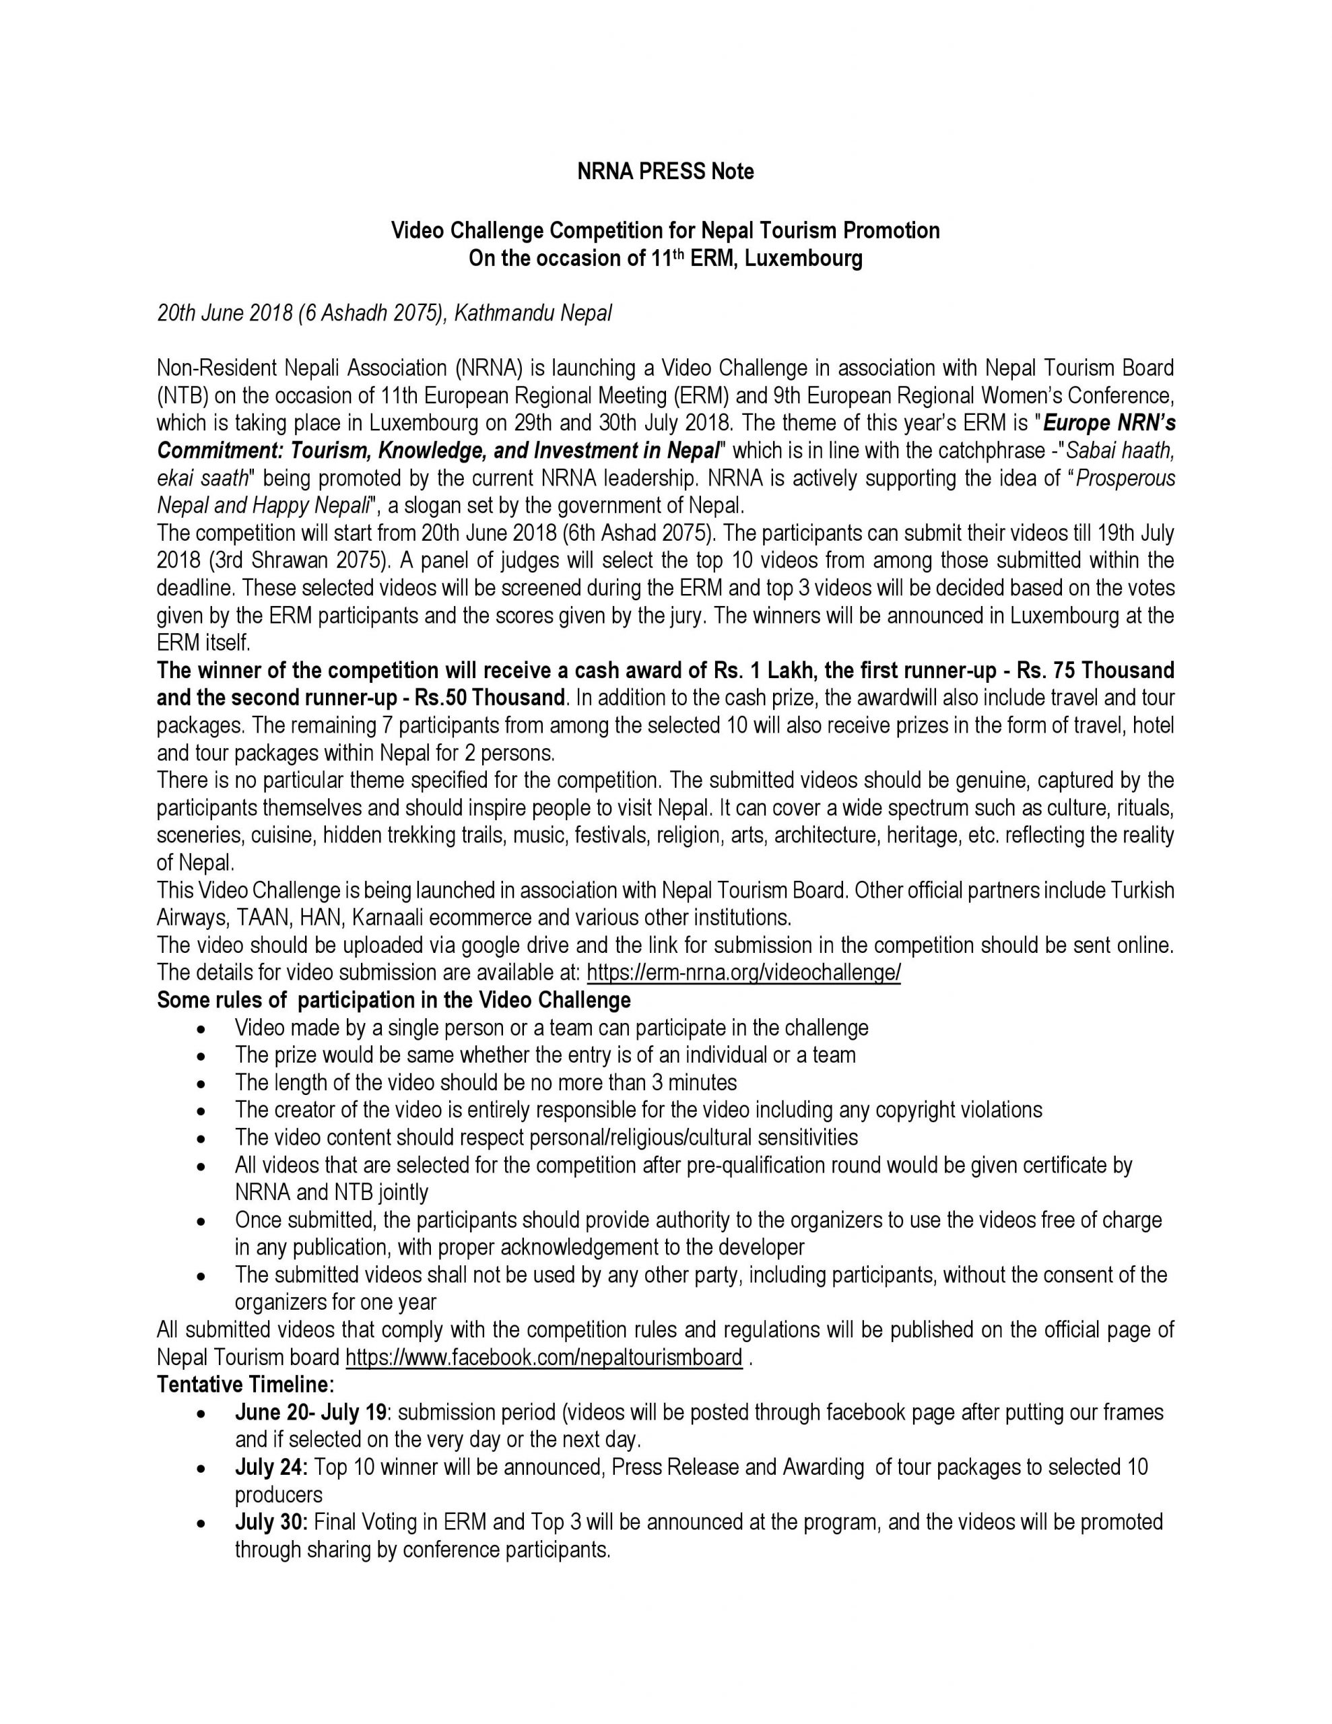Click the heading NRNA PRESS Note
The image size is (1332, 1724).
pyautogui.click(x=665, y=171)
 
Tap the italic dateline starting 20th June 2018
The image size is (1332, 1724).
pyautogui.click(x=385, y=313)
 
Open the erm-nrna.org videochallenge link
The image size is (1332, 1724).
pyautogui.click(x=743, y=972)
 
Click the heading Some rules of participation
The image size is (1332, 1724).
pyautogui.click(x=393, y=1000)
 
